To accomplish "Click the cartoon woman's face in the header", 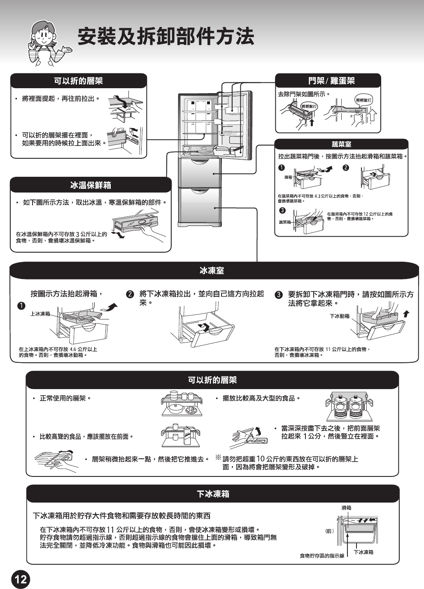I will coord(43,36).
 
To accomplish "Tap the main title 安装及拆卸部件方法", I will coord(165,36).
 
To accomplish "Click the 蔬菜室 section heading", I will coord(341,144).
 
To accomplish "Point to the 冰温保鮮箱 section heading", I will coord(91,185).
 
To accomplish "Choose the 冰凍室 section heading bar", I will coord(212,271).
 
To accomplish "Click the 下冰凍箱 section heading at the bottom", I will coord(213,494).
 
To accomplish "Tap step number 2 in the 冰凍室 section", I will coord(130,294).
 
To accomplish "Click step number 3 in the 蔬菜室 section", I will coord(282,211).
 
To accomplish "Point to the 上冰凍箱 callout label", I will coord(40,314).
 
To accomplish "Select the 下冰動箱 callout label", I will coord(340,316).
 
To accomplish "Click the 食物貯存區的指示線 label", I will coord(322,556).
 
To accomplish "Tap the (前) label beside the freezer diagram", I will coord(329,531).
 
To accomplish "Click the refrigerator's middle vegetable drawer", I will coord(200,172).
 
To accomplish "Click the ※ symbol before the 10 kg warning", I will coord(218,458).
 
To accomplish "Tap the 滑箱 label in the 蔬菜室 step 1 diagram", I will coord(288,177).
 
